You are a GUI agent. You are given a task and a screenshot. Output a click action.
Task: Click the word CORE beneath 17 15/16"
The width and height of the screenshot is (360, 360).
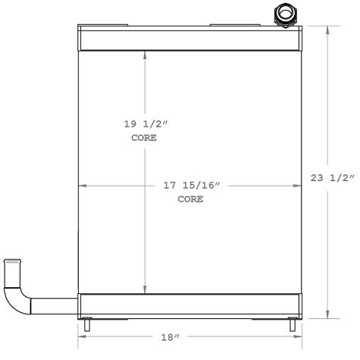click(190, 200)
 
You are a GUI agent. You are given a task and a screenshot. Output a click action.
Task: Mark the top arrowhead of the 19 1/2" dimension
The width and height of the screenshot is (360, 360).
click(145, 55)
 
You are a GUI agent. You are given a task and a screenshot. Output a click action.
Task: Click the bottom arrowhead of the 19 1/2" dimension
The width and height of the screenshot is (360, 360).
click(145, 290)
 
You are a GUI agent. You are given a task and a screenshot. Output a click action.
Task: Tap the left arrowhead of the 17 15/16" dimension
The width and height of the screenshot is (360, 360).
click(83, 185)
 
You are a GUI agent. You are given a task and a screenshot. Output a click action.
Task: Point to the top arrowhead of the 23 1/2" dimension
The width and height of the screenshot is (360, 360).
click(328, 29)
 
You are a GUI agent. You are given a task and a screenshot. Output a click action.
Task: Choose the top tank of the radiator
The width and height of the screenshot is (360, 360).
click(189, 39)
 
